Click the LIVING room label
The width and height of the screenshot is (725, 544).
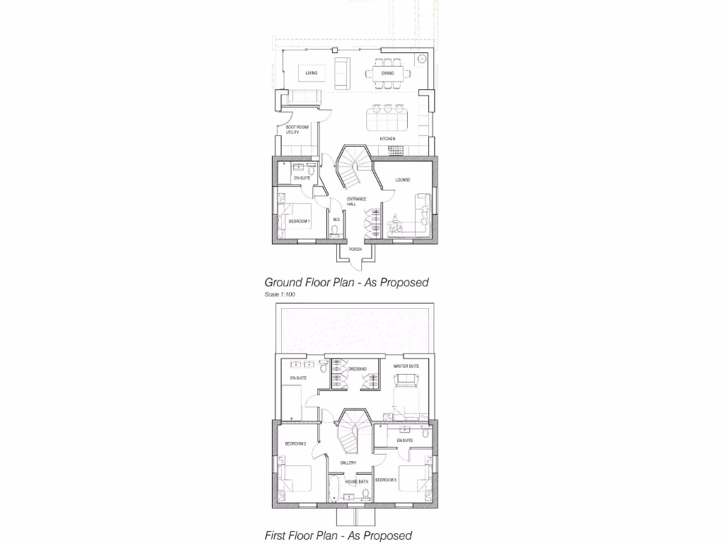coord(312,73)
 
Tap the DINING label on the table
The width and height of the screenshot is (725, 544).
coord(388,73)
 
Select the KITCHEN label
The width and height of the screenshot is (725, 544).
coord(387,138)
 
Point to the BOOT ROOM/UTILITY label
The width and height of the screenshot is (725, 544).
coord(292,130)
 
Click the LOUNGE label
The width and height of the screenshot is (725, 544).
coord(403,180)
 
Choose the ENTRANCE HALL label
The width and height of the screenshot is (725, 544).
coord(356,201)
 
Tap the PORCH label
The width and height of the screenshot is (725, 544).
coord(355,249)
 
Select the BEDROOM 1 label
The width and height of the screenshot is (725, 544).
coord(299,222)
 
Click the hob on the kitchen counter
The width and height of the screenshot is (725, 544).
coord(395,149)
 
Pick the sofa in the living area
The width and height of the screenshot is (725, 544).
coord(341,72)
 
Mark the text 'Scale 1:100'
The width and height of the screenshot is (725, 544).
coord(280,294)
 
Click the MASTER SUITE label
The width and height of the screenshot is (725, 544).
coord(406,365)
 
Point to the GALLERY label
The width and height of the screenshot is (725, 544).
coord(348,463)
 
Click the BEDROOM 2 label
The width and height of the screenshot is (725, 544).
coord(295,444)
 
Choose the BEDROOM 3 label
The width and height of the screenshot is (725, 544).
coord(386,480)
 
